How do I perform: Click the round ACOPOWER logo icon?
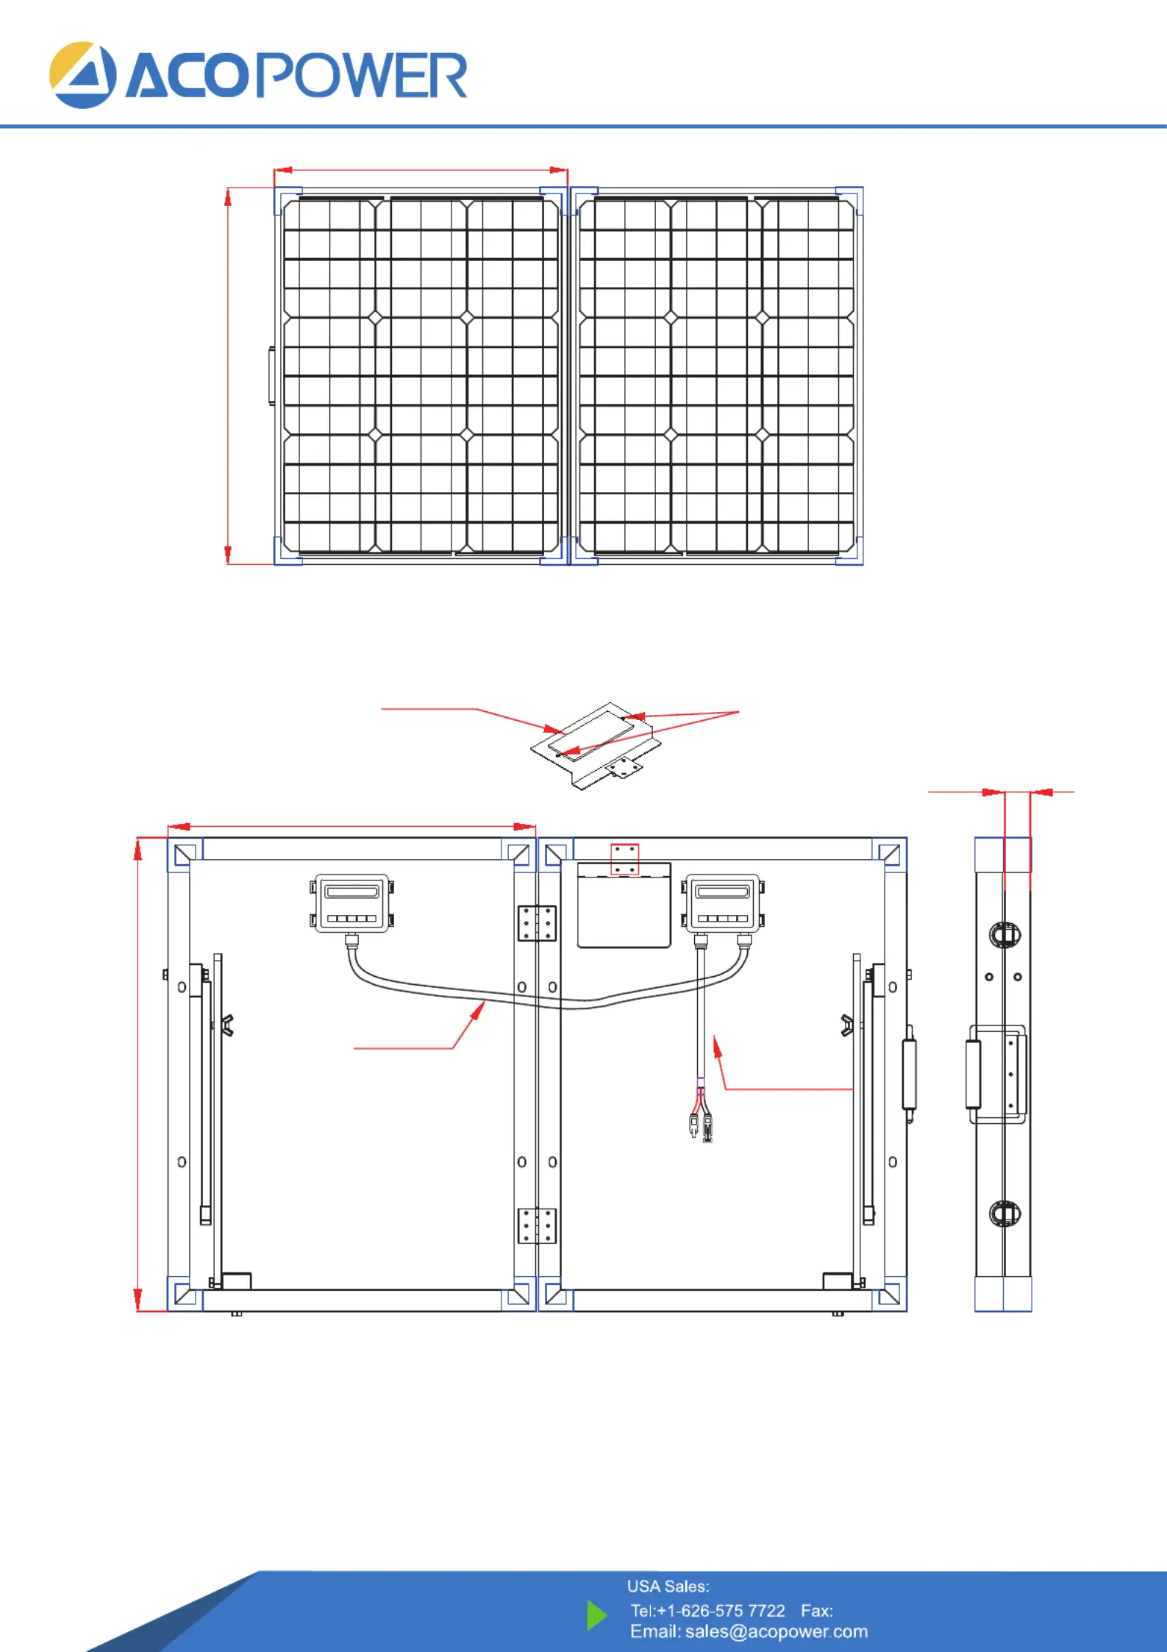coord(82,75)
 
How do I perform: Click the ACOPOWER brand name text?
coord(296,76)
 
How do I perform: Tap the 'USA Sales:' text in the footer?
coord(668,1587)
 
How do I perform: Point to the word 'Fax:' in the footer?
coord(817,1611)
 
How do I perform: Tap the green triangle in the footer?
coord(597,1615)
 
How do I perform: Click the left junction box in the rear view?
coord(351,903)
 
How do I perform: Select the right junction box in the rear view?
coord(722,903)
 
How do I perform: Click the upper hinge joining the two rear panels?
coord(537,923)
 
